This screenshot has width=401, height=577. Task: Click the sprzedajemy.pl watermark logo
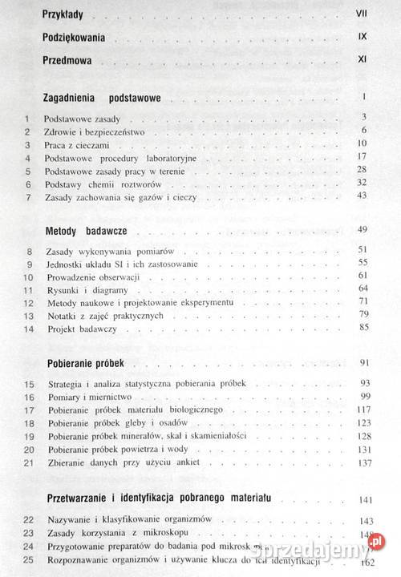click(357, 551)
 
